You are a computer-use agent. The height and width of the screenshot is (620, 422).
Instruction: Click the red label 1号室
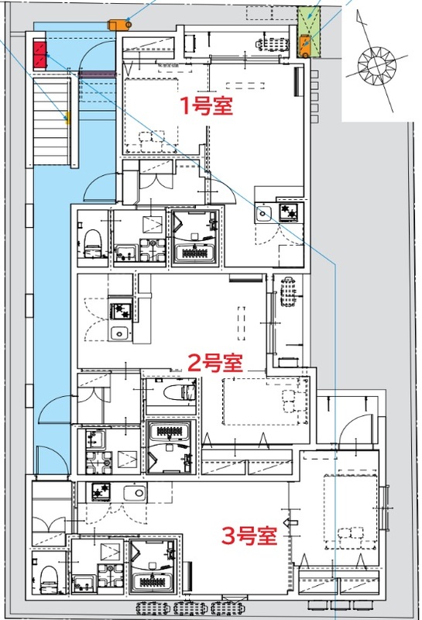pyautogui.click(x=207, y=106)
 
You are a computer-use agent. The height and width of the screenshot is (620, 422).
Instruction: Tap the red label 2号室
pyautogui.click(x=216, y=362)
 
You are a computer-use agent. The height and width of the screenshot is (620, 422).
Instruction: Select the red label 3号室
pyautogui.click(x=249, y=536)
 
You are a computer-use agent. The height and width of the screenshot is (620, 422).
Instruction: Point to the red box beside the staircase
pyautogui.click(x=39, y=55)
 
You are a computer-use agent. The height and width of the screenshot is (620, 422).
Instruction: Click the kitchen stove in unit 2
pyautogui.click(x=120, y=311)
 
